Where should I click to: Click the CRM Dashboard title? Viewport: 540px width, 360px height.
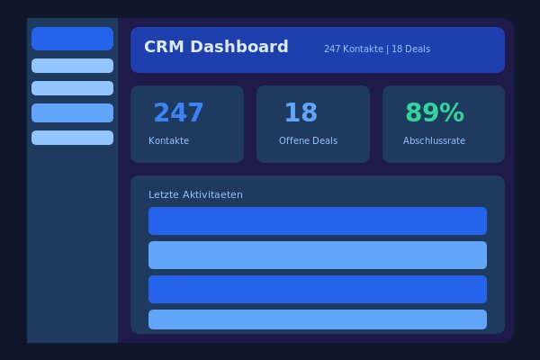pos(216,48)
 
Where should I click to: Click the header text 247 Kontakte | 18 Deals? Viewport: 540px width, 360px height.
pos(377,49)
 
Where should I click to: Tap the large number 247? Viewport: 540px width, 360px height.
pos(178,113)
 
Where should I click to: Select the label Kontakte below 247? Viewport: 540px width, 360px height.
pos(168,141)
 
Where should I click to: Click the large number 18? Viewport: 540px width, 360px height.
pos(301,113)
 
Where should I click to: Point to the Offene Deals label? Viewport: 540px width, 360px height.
pos(308,141)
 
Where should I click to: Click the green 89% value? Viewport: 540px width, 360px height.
pos(435,113)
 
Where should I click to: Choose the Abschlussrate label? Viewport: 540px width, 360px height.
pos(435,141)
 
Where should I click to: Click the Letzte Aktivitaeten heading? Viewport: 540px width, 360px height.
pos(195,195)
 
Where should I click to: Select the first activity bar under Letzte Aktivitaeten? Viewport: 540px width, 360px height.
pos(317,220)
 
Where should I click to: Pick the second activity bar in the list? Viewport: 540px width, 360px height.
pos(317,255)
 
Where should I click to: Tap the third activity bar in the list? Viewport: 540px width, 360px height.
pos(317,289)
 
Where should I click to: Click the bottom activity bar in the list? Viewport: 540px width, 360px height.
pos(317,319)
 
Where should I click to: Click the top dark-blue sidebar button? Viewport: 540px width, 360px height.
pos(72,39)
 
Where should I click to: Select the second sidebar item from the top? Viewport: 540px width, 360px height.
pos(72,66)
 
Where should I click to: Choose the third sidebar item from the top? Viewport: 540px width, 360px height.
pos(72,88)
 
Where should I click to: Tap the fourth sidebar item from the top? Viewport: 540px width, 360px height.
pos(72,112)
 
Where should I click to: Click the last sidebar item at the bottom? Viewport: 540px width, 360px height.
pos(72,138)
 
